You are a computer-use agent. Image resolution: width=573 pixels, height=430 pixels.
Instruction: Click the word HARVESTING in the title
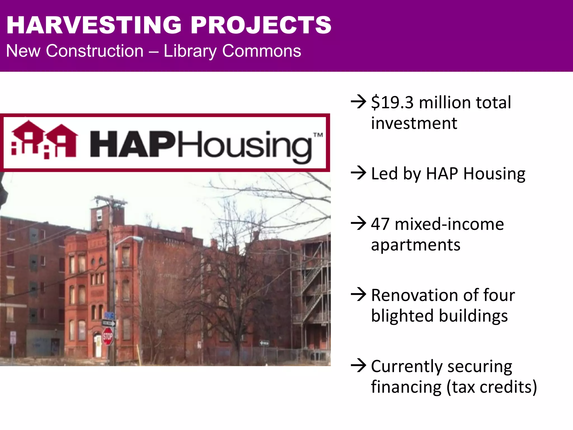click(x=94, y=25)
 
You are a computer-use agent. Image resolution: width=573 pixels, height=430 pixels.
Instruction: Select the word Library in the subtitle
click(x=190, y=51)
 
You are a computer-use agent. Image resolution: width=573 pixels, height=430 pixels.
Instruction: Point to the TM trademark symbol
click(x=318, y=135)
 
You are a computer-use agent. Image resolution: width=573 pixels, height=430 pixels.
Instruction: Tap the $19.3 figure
click(x=392, y=102)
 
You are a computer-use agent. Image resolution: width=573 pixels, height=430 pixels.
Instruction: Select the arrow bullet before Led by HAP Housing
click(x=358, y=173)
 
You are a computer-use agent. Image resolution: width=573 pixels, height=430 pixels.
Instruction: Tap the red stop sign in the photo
click(x=108, y=336)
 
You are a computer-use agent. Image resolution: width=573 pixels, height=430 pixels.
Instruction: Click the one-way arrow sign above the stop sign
click(x=109, y=323)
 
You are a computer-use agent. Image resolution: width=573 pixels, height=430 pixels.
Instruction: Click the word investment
click(x=414, y=123)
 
